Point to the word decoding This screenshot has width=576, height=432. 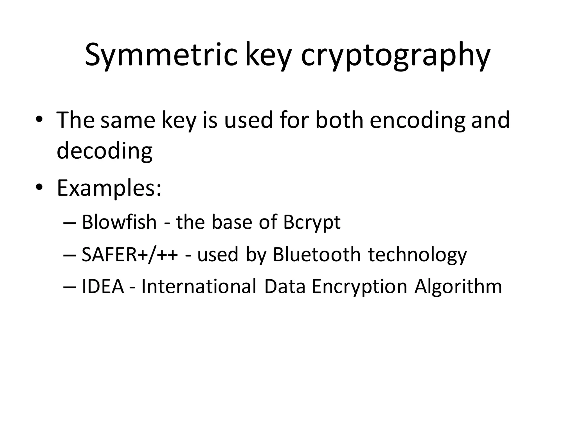[105, 150]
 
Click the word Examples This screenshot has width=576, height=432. [109, 188]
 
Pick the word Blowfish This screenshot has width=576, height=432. [119, 222]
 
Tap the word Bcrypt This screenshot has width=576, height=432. [312, 222]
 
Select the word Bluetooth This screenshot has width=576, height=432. [317, 255]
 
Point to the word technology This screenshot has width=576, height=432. [417, 255]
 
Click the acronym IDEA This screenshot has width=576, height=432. [103, 287]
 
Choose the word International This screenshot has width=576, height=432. [199, 287]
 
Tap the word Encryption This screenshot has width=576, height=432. [359, 287]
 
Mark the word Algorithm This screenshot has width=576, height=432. [458, 287]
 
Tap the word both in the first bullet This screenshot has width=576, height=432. [339, 120]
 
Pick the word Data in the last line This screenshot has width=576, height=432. [285, 287]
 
